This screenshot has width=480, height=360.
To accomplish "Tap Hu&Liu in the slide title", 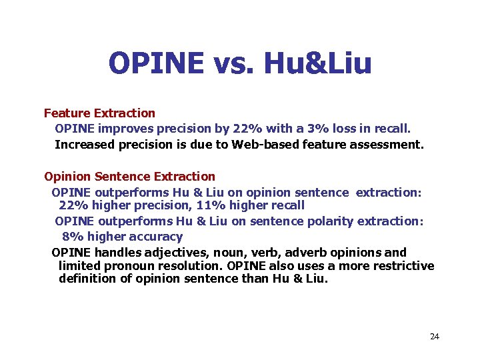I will click(x=318, y=63).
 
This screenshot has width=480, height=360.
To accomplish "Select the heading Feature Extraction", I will click(x=99, y=113).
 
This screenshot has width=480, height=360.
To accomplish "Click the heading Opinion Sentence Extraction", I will click(x=129, y=177).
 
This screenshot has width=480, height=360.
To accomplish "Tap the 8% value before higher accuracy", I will click(x=73, y=237).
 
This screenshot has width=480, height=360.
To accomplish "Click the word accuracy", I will click(x=158, y=237).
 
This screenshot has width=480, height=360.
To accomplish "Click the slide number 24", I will click(x=435, y=337).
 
